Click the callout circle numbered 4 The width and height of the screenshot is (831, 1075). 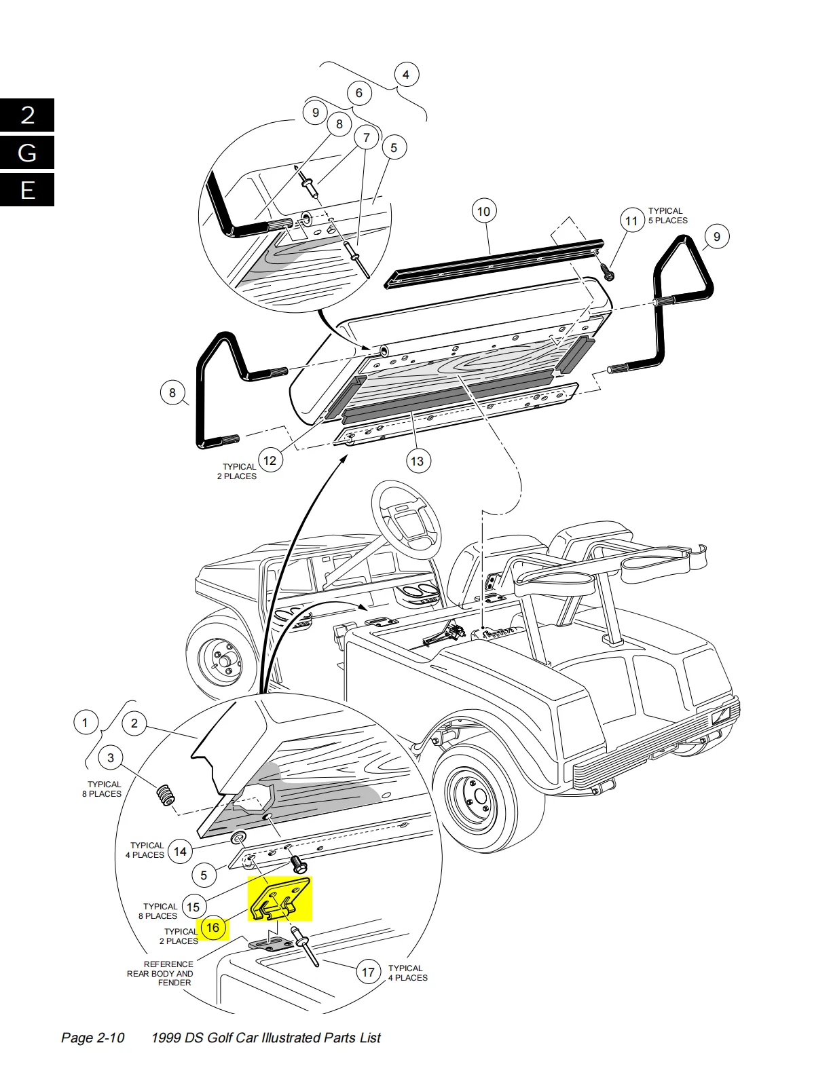click(407, 75)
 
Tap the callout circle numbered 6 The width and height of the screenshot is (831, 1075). click(359, 93)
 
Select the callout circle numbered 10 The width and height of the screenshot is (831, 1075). click(483, 212)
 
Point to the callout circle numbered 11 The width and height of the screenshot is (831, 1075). click(631, 221)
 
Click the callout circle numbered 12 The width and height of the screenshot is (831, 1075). click(270, 461)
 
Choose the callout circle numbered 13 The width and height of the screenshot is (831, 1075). click(418, 461)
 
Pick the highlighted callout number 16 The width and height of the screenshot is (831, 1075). click(213, 928)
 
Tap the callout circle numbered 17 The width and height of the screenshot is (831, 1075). click(368, 972)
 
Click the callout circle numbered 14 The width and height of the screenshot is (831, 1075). click(180, 852)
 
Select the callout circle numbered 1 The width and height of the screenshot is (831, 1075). click(85, 723)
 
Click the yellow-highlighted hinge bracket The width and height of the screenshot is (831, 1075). click(281, 899)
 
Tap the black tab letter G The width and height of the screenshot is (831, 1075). click(27, 153)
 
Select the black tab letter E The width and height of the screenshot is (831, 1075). click(27, 190)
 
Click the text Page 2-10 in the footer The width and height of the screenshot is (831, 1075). click(92, 1038)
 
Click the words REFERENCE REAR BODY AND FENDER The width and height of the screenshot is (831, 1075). click(160, 974)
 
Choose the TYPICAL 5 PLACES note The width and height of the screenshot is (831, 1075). click(667, 216)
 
